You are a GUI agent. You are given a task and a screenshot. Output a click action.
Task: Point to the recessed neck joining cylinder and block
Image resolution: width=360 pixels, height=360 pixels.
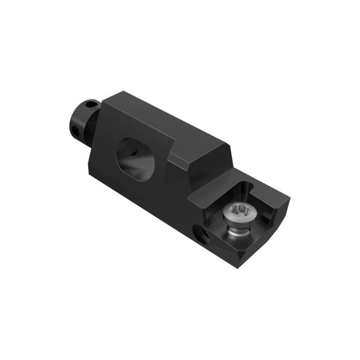pos(92,136)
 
